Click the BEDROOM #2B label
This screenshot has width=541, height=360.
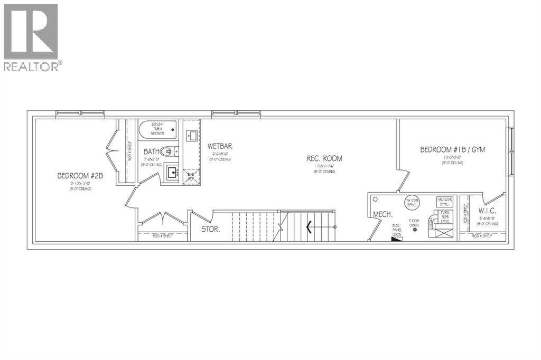(80, 176)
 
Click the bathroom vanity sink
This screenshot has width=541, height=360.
(171, 172)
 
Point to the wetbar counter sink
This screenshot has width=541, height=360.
(191, 136)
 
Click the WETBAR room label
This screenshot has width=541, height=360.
(220, 146)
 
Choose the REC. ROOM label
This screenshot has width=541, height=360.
(325, 158)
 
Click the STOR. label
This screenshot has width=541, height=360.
(210, 230)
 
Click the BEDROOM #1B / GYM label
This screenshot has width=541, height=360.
(452, 150)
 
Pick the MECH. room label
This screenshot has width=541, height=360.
(381, 214)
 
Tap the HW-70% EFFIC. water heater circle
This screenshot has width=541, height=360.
(412, 203)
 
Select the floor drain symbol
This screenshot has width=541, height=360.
(415, 229)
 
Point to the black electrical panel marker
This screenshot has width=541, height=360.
(397, 238)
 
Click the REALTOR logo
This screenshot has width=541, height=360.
(32, 37)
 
